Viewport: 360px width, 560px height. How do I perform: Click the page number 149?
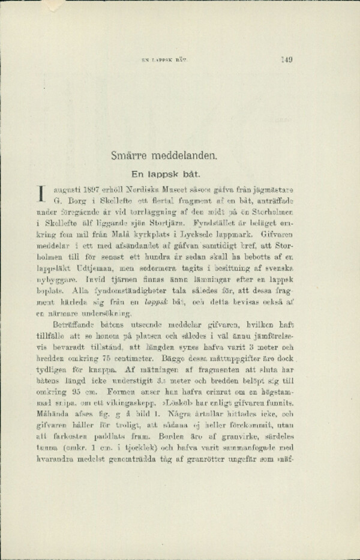(286, 59)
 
